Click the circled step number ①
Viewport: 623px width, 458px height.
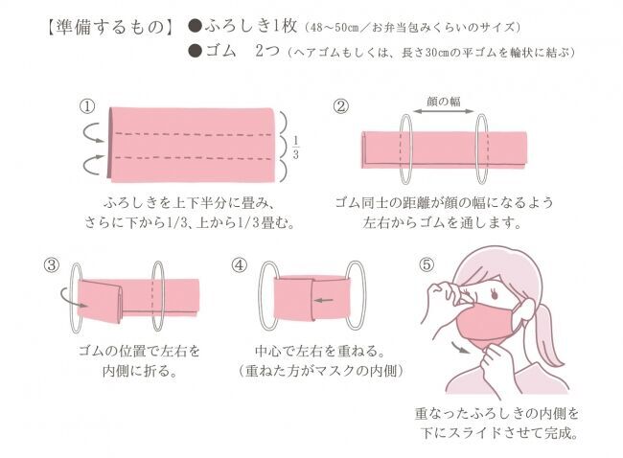[x=88, y=106]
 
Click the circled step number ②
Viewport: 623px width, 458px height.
[x=340, y=106]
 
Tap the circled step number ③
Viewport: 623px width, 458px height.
[x=52, y=265]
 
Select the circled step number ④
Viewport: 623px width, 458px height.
[x=240, y=265]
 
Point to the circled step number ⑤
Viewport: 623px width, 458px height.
[x=427, y=264]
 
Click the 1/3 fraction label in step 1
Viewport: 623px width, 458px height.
[x=295, y=148]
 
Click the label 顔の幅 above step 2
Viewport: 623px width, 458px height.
[x=444, y=102]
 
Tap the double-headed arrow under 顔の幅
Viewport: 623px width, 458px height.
[x=444, y=111]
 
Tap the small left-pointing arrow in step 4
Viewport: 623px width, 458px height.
[x=324, y=300]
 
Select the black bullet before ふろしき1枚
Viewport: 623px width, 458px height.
[x=196, y=27]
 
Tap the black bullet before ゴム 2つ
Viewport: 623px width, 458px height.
[x=196, y=52]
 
